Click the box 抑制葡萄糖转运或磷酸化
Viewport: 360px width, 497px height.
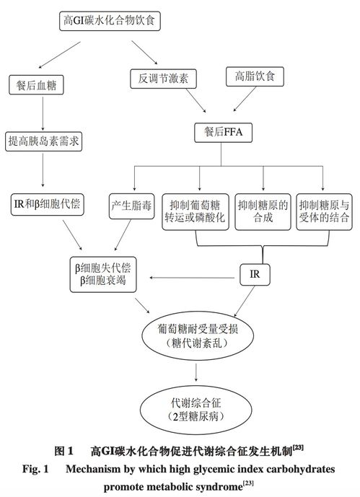pos(196,209)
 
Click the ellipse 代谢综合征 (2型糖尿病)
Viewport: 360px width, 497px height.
pos(197,410)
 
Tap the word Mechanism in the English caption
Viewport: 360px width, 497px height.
pos(97,470)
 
